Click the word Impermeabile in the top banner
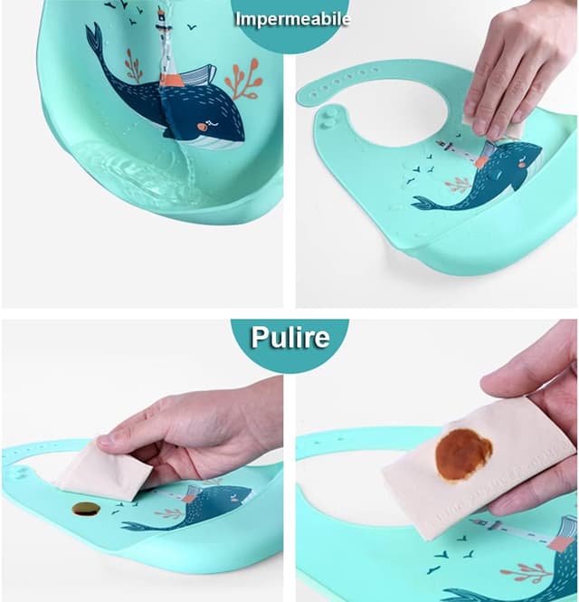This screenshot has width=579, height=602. coord(292,18)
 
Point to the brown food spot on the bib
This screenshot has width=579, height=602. coord(86,509)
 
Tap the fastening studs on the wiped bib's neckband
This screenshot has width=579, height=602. coord(330,117)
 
